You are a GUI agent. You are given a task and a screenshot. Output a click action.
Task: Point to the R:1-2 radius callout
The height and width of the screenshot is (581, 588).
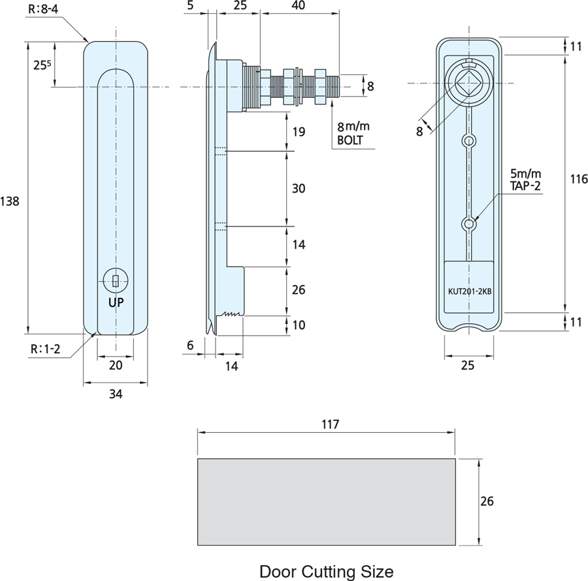pyautogui.click(x=45, y=349)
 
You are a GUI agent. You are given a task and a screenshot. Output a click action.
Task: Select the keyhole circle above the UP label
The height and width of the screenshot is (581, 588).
pyautogui.click(x=115, y=281)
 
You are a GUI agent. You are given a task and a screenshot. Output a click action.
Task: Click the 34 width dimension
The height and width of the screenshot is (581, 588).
pyautogui.click(x=116, y=394)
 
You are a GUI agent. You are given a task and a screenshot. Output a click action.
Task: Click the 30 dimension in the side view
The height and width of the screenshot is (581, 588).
pyautogui.click(x=299, y=189)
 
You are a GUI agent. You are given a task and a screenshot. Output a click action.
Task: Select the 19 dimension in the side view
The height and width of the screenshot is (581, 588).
pyautogui.click(x=299, y=132)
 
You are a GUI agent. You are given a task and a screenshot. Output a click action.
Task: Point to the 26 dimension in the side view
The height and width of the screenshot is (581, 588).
pyautogui.click(x=299, y=289)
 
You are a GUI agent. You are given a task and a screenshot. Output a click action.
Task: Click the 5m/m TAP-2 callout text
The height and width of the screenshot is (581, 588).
pyautogui.click(x=526, y=180)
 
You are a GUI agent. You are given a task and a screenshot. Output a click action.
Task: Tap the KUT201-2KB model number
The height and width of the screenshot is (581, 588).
pyautogui.click(x=468, y=292)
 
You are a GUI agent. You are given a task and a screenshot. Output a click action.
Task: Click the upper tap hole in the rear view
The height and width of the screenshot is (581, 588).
pyautogui.click(x=468, y=140)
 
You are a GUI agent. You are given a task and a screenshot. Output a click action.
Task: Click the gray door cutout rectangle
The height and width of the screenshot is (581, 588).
pyautogui.click(x=326, y=501)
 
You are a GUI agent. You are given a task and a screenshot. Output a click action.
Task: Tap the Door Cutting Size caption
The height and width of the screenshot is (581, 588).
pyautogui.click(x=326, y=572)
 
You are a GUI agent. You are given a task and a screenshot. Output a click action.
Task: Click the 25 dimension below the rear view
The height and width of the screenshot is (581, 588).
pyautogui.click(x=468, y=366)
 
